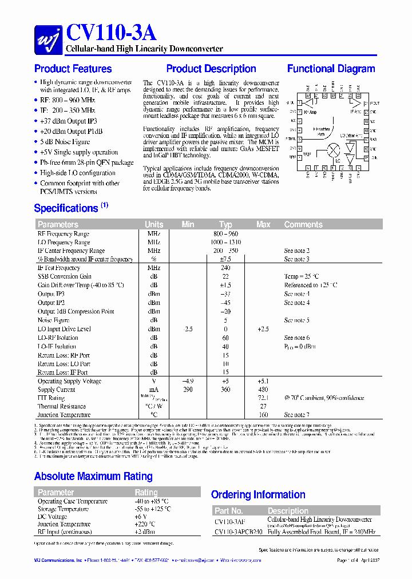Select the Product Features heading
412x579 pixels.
coord(73,69)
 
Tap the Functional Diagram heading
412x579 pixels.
coord(331,69)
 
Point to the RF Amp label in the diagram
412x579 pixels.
coord(310,113)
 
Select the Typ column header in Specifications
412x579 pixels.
coord(225,224)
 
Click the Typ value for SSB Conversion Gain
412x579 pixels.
coord(225,276)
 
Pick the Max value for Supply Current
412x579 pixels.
coord(263,390)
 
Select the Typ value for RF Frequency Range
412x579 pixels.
coord(225,233)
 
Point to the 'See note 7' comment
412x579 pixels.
coord(296,415)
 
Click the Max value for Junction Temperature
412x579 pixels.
coord(263,415)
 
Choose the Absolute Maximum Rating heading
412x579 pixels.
coord(93,476)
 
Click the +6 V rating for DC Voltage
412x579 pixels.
coord(141,517)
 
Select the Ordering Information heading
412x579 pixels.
coord(258,494)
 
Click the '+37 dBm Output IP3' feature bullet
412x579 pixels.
coord(69,121)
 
